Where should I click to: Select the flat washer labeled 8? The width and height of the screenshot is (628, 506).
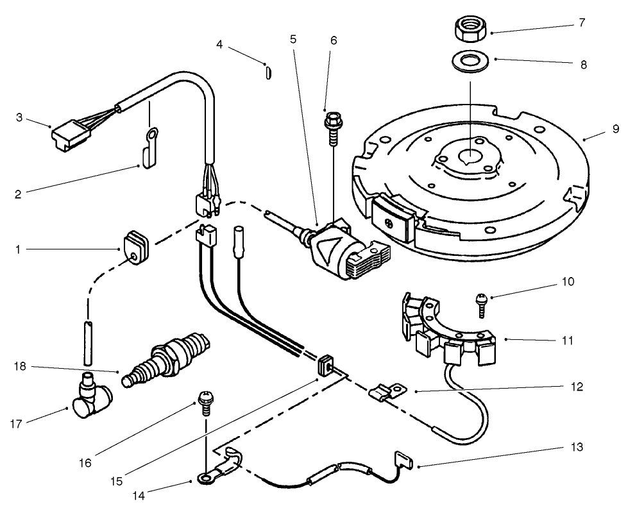click(470, 62)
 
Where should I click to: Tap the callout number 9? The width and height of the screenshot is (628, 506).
click(615, 130)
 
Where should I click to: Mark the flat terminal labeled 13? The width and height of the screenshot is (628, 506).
click(402, 459)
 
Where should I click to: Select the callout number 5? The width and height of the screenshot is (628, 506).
click(293, 39)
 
